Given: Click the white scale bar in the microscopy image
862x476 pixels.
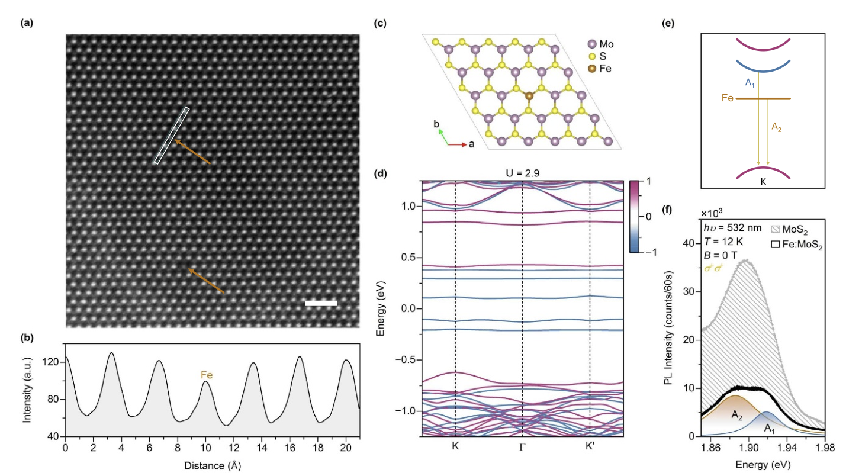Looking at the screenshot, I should click(320, 304).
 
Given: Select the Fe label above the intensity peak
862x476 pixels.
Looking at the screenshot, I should click(206, 375).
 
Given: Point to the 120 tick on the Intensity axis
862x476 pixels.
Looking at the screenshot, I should click(52, 361).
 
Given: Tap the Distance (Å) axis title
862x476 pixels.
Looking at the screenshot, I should click(211, 465).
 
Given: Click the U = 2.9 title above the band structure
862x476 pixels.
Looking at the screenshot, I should click(522, 172).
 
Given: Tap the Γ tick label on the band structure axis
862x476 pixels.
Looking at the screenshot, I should click(522, 445).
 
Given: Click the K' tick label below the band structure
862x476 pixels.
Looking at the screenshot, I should click(590, 445).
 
